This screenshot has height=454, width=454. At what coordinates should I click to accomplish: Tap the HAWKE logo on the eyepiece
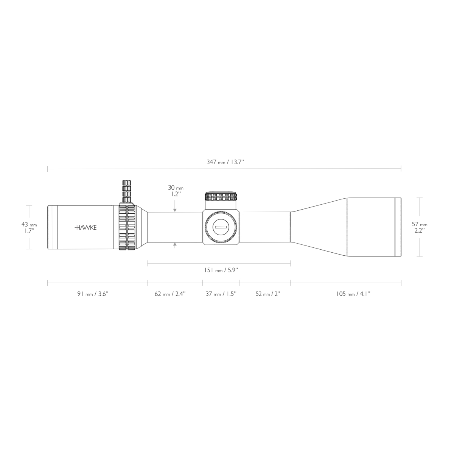pyautogui.click(x=86, y=227)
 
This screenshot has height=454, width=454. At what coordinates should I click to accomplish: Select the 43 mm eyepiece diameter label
pyautogui.click(x=29, y=227)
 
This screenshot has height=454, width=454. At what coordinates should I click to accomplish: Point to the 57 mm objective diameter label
pyautogui.click(x=420, y=227)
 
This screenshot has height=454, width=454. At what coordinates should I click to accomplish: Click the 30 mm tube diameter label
pyautogui.click(x=175, y=190)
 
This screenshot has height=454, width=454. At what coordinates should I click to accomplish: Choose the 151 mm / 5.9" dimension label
pyautogui.click(x=221, y=270)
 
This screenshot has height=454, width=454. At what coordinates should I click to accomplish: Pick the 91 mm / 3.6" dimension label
pyautogui.click(x=93, y=294)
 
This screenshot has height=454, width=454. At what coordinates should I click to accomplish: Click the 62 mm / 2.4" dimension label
pyautogui.click(x=170, y=294)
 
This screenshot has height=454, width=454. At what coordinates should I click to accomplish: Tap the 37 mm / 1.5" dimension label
pyautogui.click(x=221, y=294)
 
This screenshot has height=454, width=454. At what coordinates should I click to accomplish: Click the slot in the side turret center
pyautogui.click(x=221, y=227)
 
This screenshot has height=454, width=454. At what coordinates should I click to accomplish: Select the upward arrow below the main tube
pyautogui.click(x=175, y=245)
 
